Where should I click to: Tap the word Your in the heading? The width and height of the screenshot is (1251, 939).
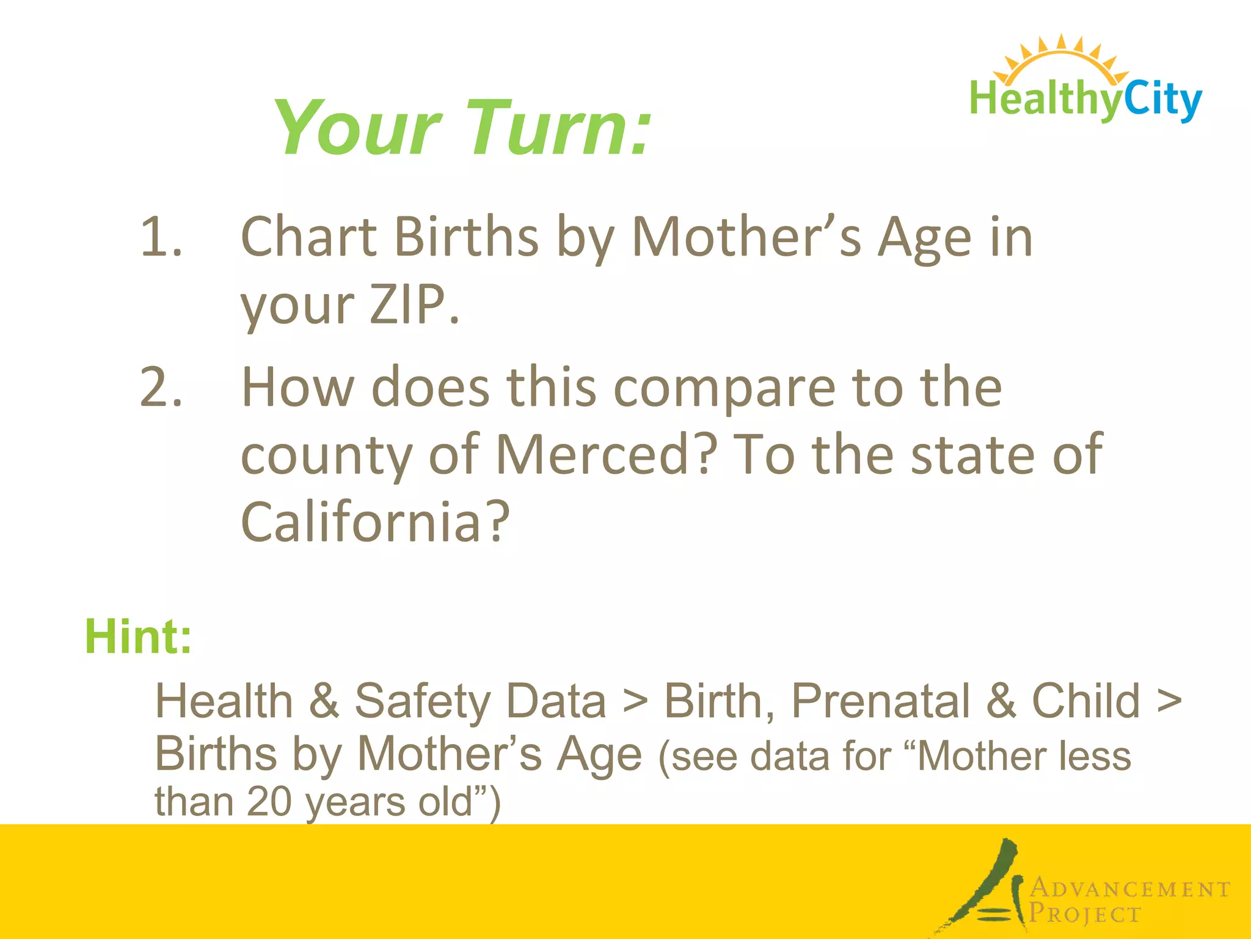coord(357,128)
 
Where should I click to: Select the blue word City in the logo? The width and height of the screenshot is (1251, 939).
coord(1162,100)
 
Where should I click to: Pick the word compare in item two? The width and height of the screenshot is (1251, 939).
coord(724,388)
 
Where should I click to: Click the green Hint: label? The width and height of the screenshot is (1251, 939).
coord(138,636)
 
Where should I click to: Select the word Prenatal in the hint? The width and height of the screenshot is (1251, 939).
coord(880,701)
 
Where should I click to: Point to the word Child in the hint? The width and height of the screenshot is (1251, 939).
coord(1085,701)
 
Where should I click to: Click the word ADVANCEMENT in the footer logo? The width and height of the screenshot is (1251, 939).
coord(1131,889)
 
